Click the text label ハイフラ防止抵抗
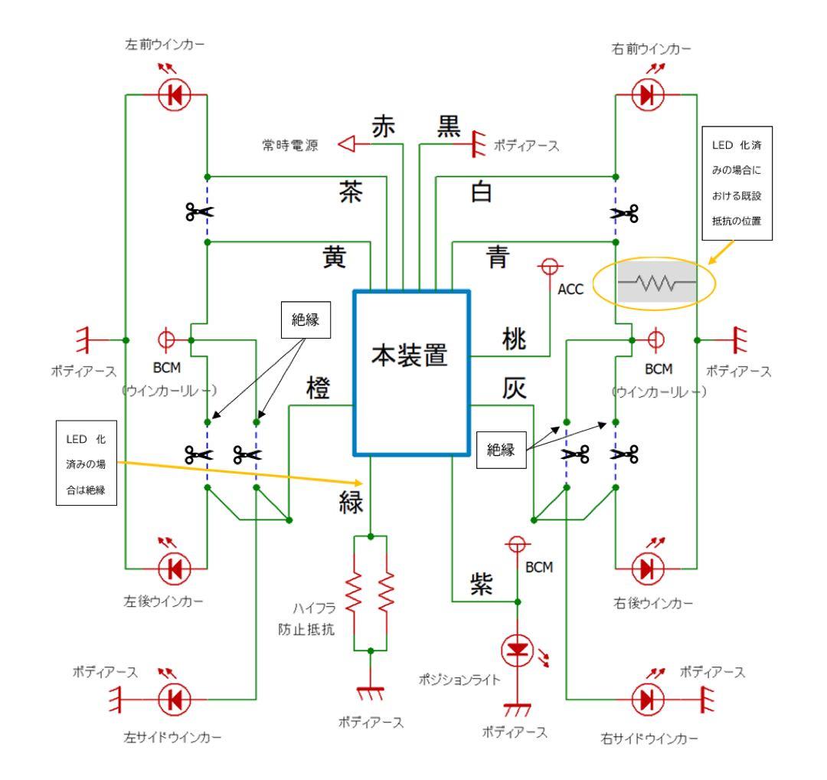pyautogui.click(x=304, y=620)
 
